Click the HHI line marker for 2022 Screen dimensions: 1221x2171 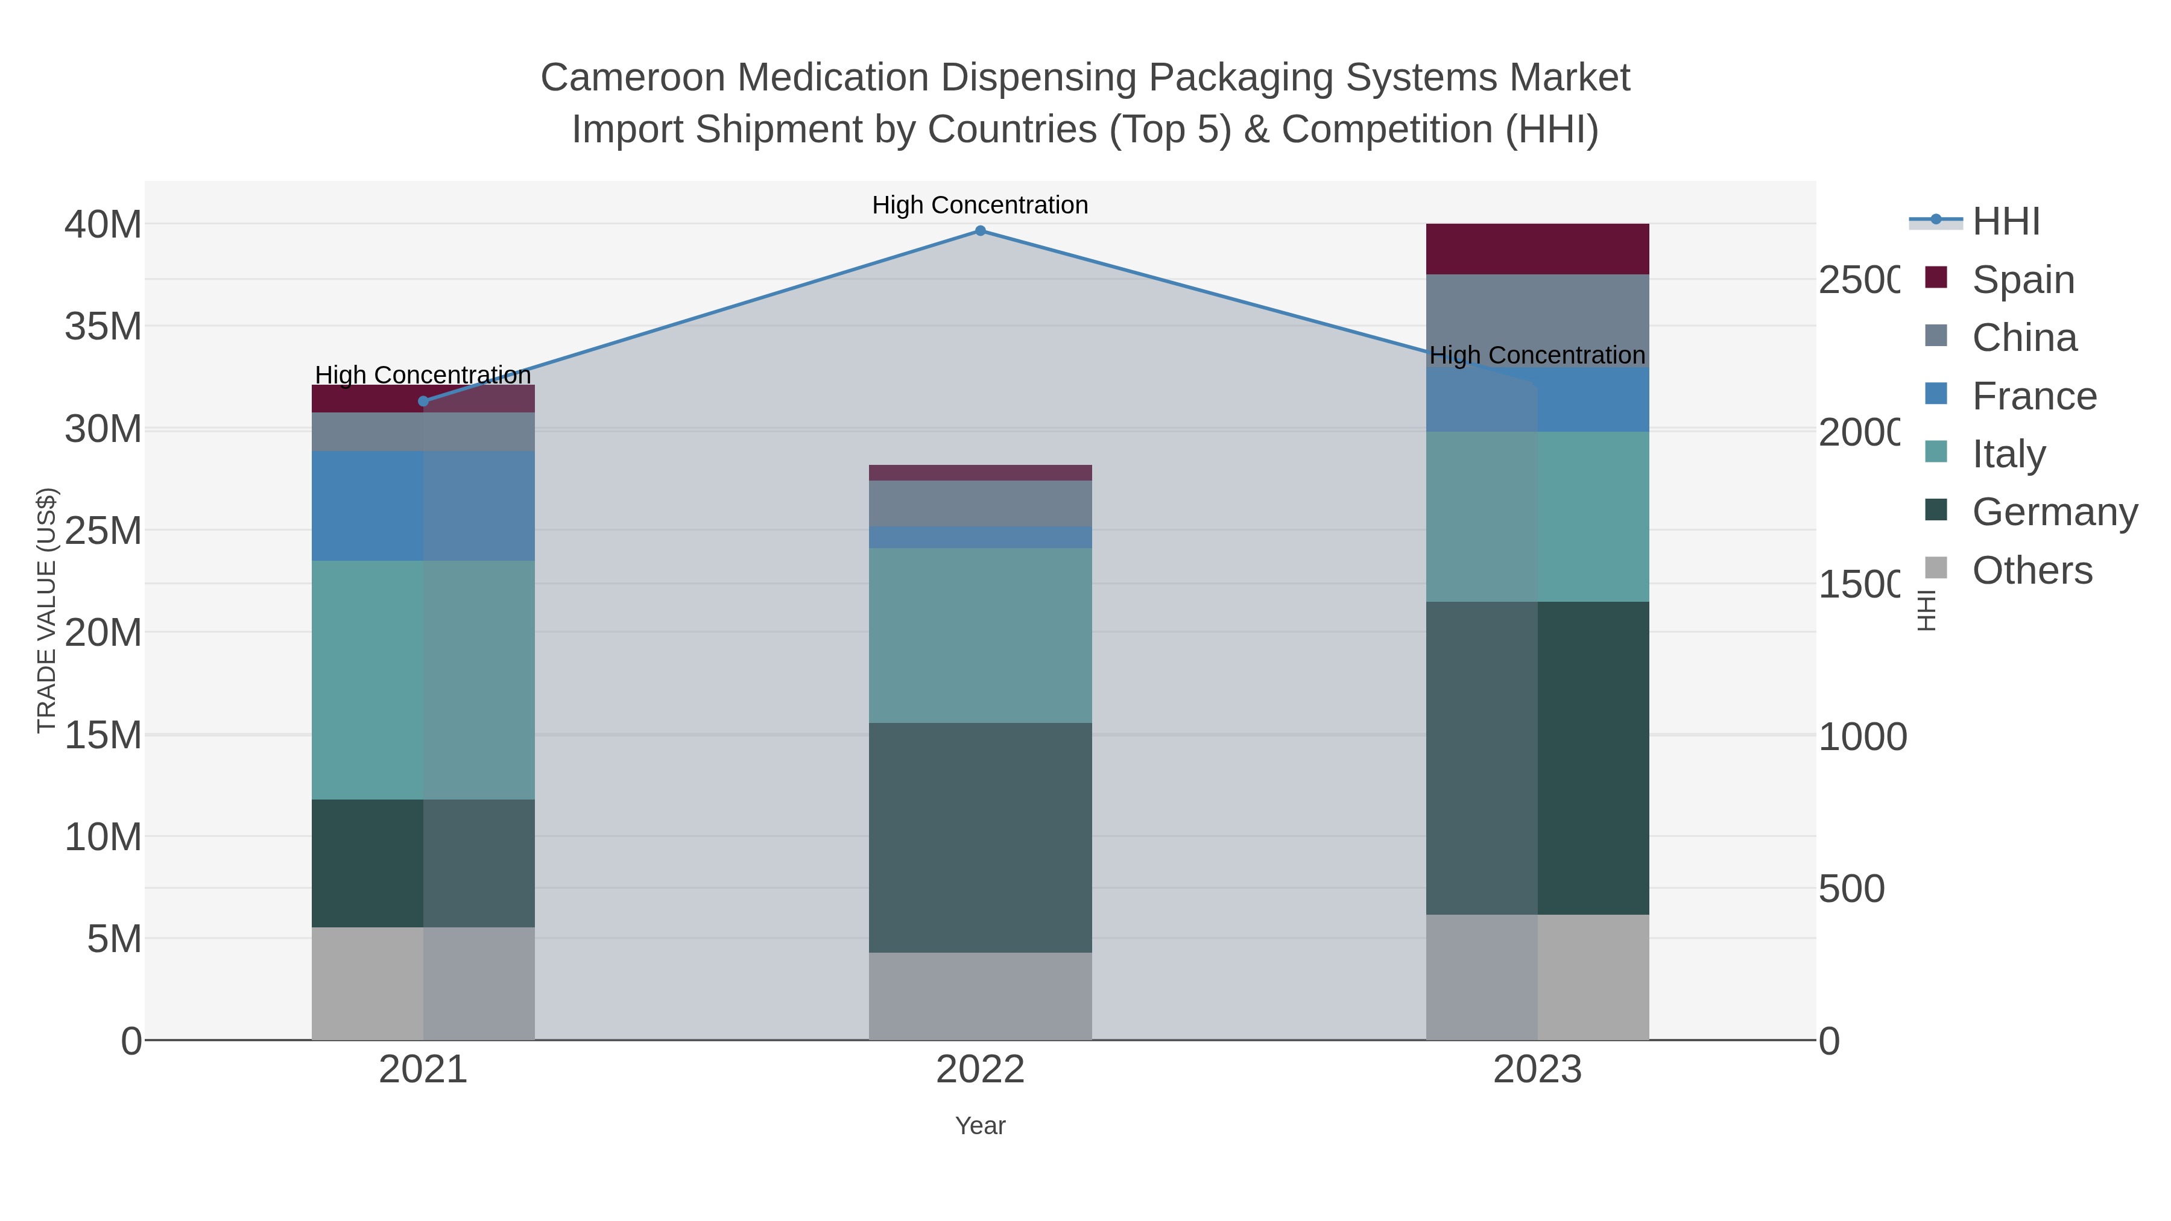(980, 230)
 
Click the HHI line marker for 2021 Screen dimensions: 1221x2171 (423, 401)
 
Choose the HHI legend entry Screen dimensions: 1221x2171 (2005, 222)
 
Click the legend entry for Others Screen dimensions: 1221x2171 (2031, 570)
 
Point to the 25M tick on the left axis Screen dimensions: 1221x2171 (103, 531)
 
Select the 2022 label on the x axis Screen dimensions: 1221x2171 (980, 1069)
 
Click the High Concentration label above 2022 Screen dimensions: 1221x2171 (980, 205)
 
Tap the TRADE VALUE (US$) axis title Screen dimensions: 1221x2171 (46, 610)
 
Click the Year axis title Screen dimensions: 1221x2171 (980, 1125)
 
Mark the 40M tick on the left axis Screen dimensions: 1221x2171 (103, 224)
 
